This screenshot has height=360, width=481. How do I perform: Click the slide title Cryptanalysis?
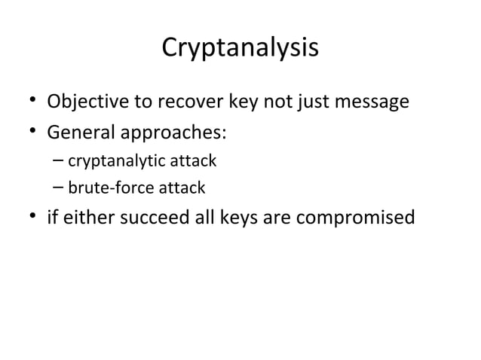tap(240, 48)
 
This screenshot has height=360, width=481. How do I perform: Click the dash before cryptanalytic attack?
tap(59, 160)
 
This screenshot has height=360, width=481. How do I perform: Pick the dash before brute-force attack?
tap(59, 187)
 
